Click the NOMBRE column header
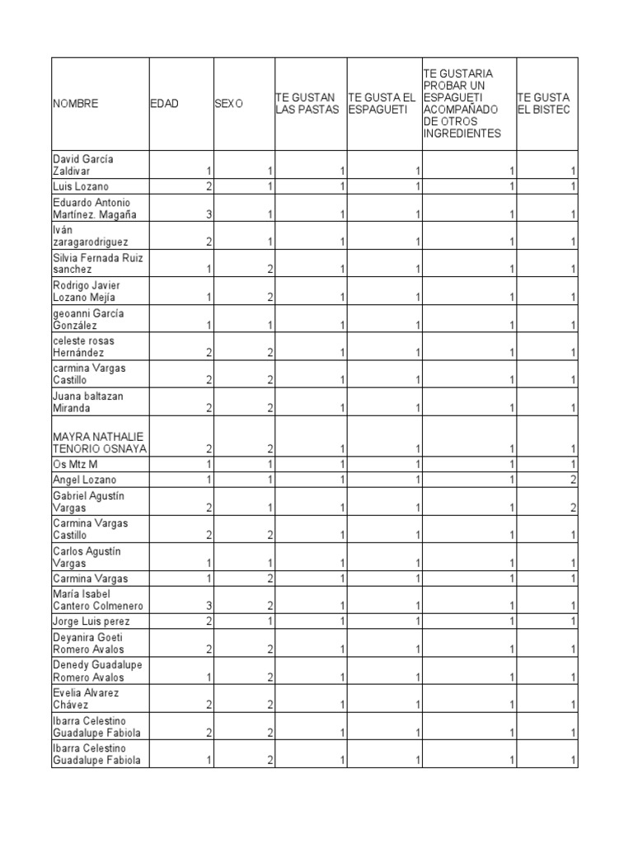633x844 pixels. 76,104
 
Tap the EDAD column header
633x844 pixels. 164,104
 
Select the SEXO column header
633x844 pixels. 228,104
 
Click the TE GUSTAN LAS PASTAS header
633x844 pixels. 307,104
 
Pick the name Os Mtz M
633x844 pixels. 75,465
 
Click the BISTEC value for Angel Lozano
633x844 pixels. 573,480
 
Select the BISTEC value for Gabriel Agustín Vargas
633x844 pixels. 573,509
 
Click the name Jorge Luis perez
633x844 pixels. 91,621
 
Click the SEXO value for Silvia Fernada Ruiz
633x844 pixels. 269,270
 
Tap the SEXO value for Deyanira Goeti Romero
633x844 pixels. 269,649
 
